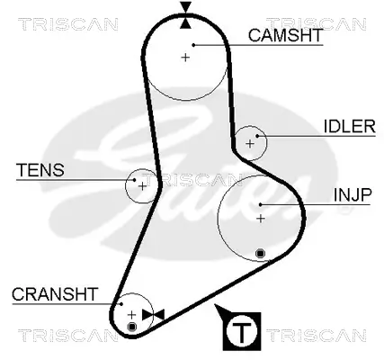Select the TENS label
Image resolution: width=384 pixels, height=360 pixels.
34,168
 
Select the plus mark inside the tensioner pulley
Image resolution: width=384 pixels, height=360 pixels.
142,185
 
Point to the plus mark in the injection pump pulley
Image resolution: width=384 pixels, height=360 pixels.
261,218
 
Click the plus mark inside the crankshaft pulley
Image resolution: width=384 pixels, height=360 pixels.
131,313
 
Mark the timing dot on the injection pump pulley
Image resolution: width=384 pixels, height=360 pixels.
260,254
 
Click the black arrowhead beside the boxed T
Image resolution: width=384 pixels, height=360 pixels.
221,313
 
